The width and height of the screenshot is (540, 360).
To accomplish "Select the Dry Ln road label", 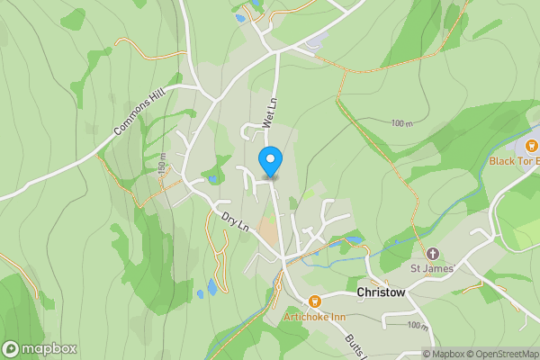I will (x=235, y=222).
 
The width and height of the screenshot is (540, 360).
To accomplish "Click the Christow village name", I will (x=382, y=292).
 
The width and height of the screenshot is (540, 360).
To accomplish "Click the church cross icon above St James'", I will (x=432, y=253).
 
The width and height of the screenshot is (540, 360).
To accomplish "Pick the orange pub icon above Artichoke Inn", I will (x=314, y=301).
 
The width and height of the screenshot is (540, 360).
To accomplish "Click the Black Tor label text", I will (x=514, y=161).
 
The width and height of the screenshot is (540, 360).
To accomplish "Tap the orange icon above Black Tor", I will (x=531, y=145).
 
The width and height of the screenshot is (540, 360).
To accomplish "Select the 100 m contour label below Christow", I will (x=418, y=325).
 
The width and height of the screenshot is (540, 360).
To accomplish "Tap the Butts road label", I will (x=355, y=346).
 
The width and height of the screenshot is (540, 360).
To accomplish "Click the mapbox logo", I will (x=39, y=348).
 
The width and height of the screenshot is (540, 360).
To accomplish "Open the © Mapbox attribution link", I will (x=445, y=354).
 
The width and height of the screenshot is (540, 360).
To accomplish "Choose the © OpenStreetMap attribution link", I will (x=503, y=354).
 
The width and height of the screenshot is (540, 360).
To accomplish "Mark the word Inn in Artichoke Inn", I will (x=337, y=316).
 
